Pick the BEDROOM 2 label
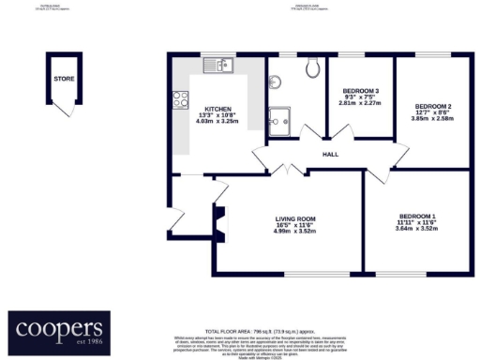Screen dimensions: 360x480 click(x=433, y=106)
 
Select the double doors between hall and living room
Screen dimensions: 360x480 click(x=290, y=170)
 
